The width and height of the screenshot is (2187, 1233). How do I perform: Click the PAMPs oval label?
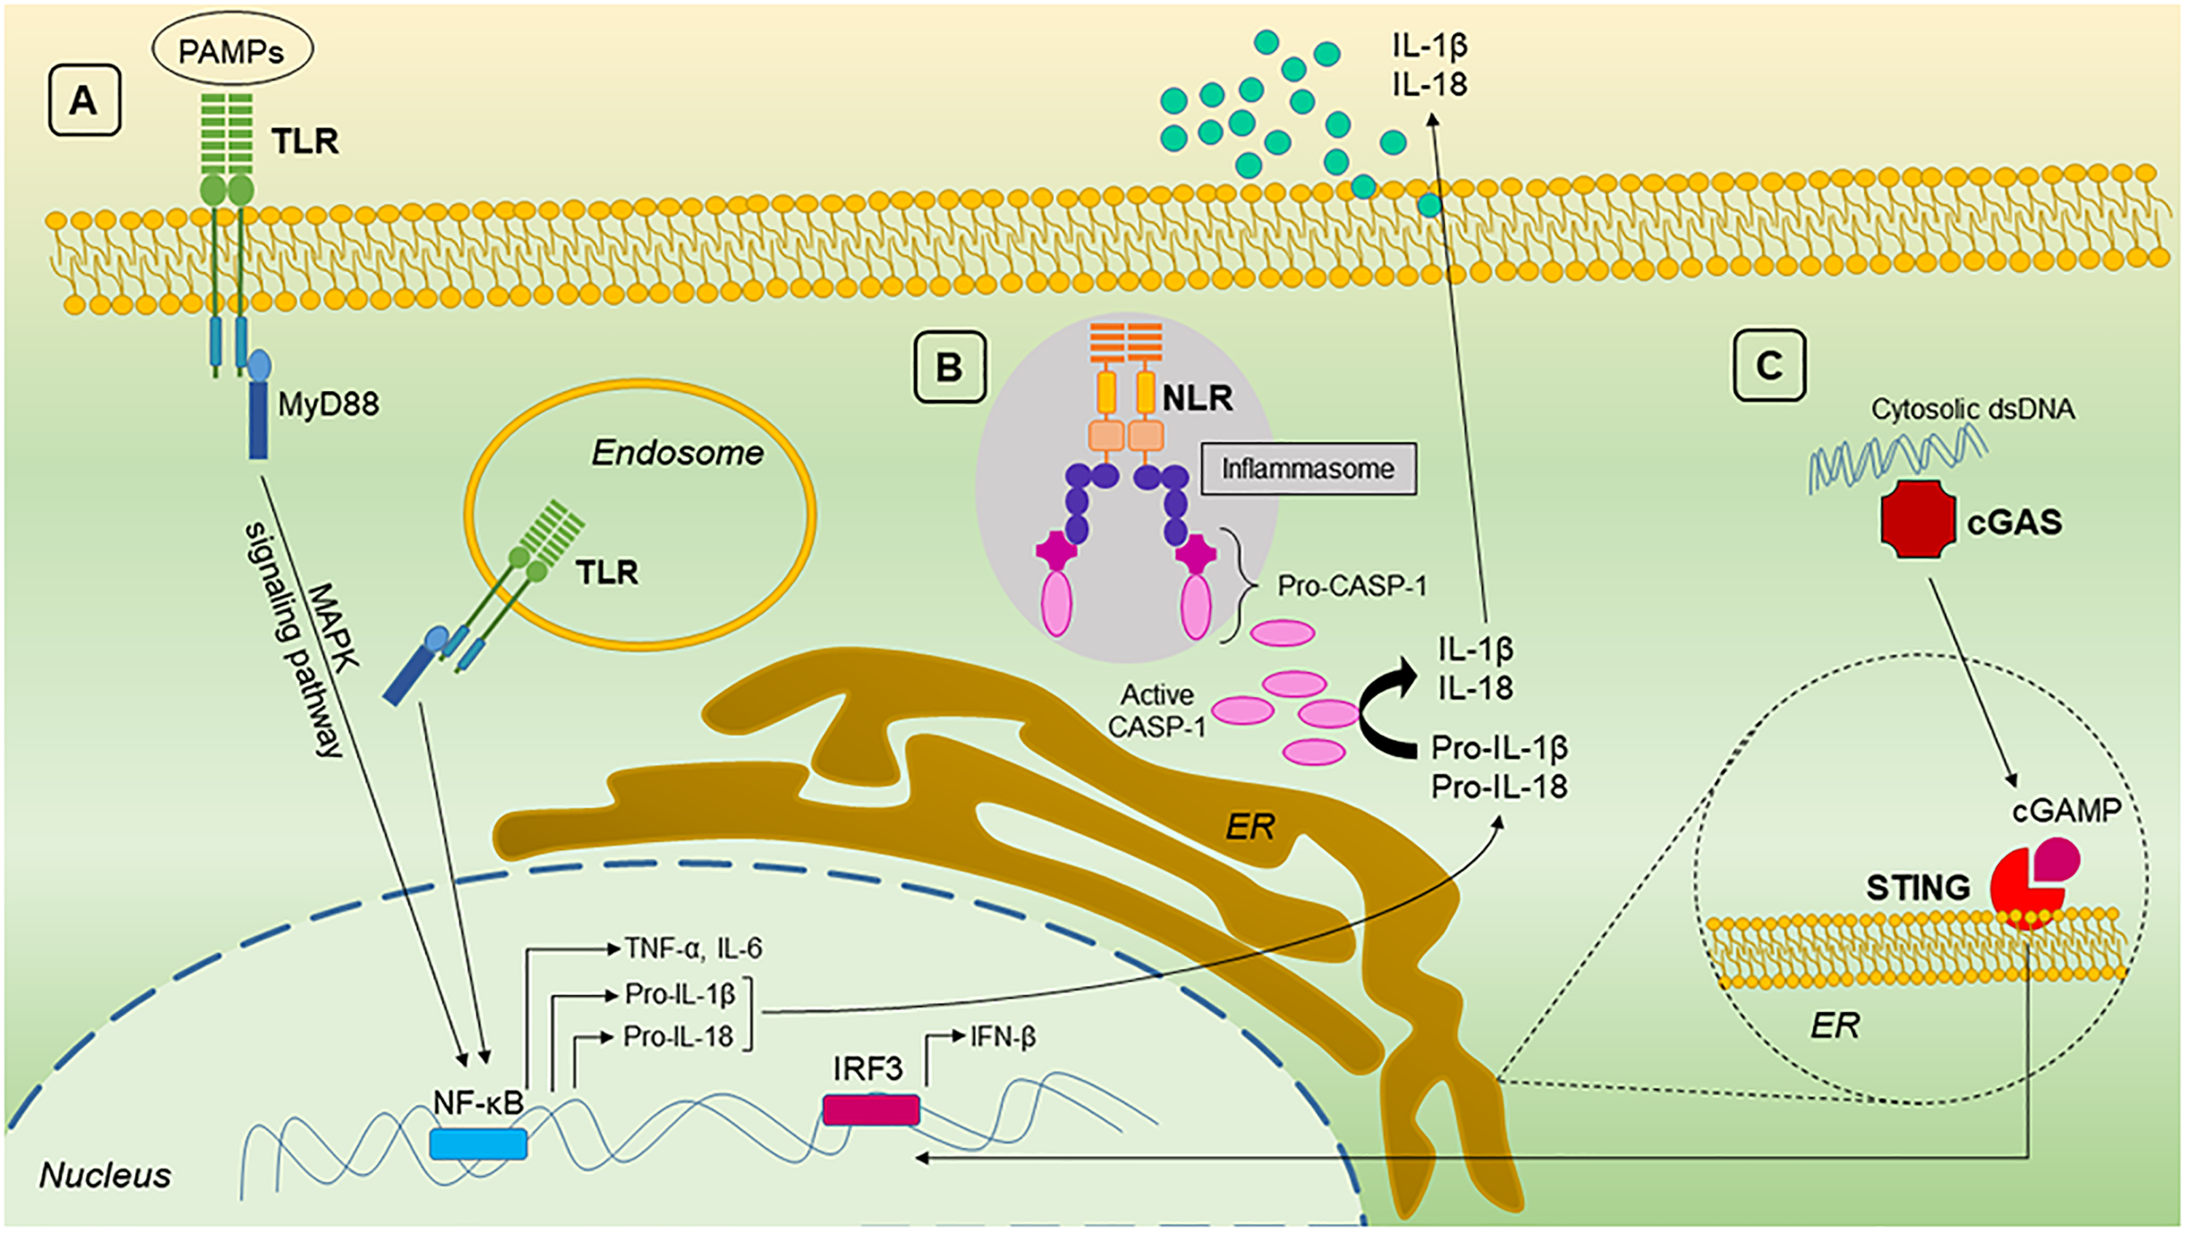(x=232, y=51)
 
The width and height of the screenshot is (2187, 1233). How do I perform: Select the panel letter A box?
(x=84, y=101)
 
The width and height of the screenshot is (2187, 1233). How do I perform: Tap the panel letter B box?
(x=949, y=367)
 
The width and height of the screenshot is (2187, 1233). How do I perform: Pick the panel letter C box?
(x=1769, y=365)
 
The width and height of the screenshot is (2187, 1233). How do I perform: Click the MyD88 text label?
(x=329, y=405)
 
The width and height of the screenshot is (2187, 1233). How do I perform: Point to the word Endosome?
(x=677, y=454)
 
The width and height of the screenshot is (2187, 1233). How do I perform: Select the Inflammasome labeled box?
(x=1309, y=469)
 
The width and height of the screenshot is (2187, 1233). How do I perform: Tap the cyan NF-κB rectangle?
(x=478, y=1144)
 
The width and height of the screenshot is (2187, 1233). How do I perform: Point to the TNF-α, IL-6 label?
(x=693, y=948)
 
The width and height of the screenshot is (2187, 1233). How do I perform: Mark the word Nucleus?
(x=105, y=1175)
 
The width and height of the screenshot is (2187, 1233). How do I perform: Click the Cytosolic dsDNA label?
(x=1974, y=409)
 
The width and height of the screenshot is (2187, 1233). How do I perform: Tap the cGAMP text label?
(x=2067, y=811)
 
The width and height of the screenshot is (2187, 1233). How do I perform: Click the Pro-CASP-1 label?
(x=1352, y=586)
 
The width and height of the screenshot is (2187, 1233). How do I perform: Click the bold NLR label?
(x=1197, y=396)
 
